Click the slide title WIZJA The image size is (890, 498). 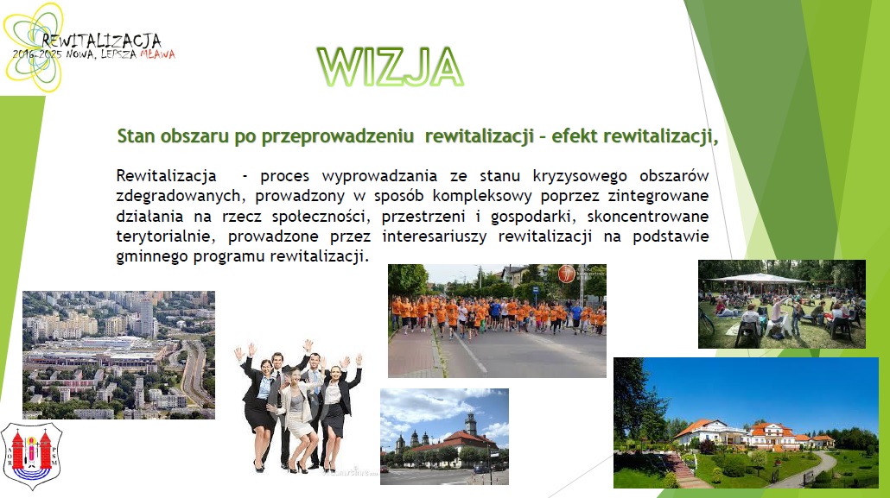coord(391,67)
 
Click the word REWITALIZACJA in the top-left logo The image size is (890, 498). coord(102,41)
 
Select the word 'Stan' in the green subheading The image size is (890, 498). coord(136,136)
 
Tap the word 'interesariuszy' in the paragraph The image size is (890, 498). coord(435,236)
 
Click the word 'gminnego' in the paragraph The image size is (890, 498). coord(152,257)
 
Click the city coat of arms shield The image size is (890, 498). coord(32,456)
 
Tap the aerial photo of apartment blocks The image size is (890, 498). coord(118,355)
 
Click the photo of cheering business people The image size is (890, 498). coord(299,407)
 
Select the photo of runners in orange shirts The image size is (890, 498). coord(497,320)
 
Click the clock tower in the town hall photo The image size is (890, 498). coord(471,425)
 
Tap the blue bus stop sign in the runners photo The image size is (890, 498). coord(535,291)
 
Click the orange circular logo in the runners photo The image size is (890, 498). coord(566,274)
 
